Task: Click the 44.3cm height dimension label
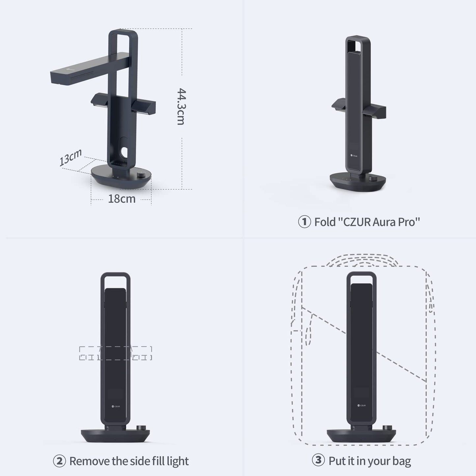pyautogui.click(x=181, y=106)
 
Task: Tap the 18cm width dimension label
pyautogui.click(x=122, y=199)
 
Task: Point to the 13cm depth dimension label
pyautogui.click(x=70, y=158)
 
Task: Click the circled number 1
pyautogui.click(x=304, y=222)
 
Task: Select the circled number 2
pyautogui.click(x=59, y=461)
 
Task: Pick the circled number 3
pyautogui.click(x=318, y=460)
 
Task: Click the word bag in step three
pyautogui.click(x=401, y=461)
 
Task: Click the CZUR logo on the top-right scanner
pyautogui.click(x=354, y=155)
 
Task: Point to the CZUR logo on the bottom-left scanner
pyautogui.click(x=116, y=406)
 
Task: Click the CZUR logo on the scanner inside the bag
pyautogui.click(x=361, y=406)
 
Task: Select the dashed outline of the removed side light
pyautogui.click(x=115, y=353)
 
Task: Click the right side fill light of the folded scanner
pyautogui.click(x=374, y=111)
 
